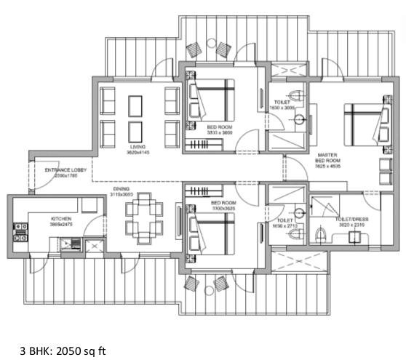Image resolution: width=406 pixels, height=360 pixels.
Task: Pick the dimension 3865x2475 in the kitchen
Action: [60, 223]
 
